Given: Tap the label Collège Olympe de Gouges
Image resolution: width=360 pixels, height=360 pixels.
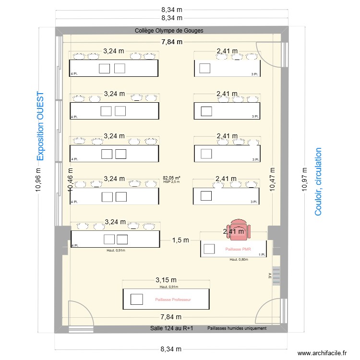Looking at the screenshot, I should (169, 31).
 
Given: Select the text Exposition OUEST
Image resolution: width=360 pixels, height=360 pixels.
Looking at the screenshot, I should (40, 126).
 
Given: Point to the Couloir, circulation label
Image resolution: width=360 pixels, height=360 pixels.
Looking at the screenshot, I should (318, 181).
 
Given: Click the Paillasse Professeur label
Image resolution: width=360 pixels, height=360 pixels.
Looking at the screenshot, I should (173, 300).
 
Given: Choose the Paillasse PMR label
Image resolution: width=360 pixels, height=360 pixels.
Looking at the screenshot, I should (238, 250).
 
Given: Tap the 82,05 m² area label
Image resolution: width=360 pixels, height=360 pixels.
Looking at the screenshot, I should (171, 178).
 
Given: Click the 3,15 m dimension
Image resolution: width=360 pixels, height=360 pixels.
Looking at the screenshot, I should (166, 280).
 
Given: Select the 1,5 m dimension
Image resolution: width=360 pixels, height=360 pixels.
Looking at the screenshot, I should (180, 240).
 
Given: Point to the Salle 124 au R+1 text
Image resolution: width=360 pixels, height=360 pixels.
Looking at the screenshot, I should (171, 329).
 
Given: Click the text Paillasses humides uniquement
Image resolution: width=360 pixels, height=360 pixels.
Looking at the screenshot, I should (237, 329).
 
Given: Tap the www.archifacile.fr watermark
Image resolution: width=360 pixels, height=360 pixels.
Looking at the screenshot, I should (322, 353).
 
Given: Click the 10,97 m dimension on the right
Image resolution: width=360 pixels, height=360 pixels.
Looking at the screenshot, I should (303, 179).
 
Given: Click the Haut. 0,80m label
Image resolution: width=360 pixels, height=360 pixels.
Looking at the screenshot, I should (239, 260).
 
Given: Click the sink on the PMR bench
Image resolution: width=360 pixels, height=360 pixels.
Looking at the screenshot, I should (209, 249).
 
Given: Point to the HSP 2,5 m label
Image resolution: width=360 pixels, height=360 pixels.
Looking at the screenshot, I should (171, 182).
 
